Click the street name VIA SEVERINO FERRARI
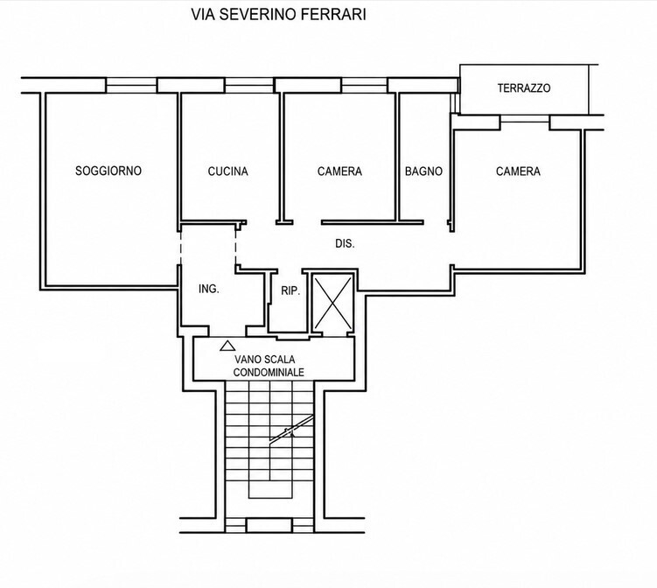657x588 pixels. [279, 14]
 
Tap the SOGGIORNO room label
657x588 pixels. [108, 171]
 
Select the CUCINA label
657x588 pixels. [228, 171]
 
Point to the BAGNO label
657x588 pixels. [423, 171]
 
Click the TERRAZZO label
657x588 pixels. [524, 88]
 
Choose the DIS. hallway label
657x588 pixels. [345, 243]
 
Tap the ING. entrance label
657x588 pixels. [209, 289]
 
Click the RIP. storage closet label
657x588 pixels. [290, 290]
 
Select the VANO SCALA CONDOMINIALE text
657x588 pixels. [269, 366]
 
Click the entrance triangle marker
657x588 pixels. [227, 346]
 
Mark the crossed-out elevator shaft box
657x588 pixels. [333, 303]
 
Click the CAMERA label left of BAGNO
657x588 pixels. [339, 171]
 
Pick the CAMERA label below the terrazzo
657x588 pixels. [518, 171]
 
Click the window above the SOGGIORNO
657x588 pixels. [130, 85]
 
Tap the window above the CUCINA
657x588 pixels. [249, 85]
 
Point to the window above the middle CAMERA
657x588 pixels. [364, 85]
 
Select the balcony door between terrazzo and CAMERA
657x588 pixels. [525, 119]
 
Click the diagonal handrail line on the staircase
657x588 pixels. [291, 428]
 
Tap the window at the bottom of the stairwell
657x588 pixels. [269, 525]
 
